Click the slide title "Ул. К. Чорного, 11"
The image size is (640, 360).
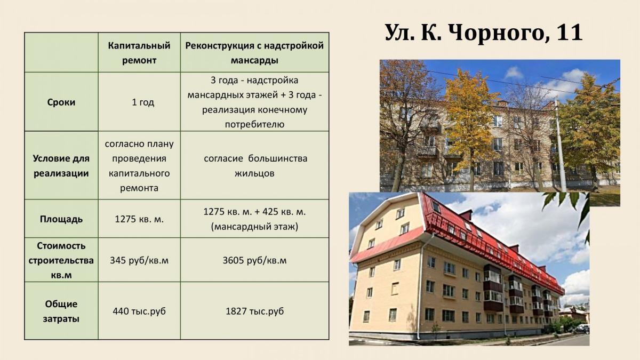483,33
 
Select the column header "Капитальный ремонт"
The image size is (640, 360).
139,53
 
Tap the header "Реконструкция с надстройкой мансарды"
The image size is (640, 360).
254,53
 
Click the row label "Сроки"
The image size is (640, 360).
61,102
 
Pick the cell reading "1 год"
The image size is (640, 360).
143,102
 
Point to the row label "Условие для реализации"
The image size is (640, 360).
61,166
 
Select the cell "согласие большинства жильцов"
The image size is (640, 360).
255,166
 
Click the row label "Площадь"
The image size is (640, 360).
61,219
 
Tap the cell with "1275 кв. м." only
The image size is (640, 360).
139,219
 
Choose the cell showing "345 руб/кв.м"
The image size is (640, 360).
139,260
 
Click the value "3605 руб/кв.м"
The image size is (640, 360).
254,260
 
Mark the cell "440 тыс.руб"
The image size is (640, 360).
139,311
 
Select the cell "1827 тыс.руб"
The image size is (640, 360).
254,311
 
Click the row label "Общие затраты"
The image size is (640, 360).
61,311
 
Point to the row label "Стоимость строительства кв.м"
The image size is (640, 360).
61,260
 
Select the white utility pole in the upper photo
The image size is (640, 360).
559,145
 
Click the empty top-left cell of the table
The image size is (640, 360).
61,52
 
